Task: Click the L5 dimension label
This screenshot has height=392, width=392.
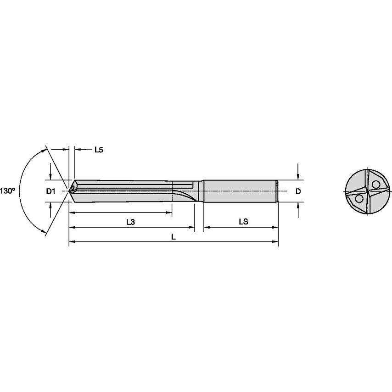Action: pos(98,150)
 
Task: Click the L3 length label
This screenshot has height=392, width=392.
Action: pos(130,222)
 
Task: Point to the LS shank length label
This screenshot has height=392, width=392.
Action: pos(243,222)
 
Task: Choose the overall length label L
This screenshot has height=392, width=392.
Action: pos(173,236)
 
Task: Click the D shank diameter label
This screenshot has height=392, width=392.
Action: pos(298,191)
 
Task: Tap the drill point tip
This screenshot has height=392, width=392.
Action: pos(69,189)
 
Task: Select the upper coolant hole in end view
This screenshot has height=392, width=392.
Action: pos(376,184)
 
